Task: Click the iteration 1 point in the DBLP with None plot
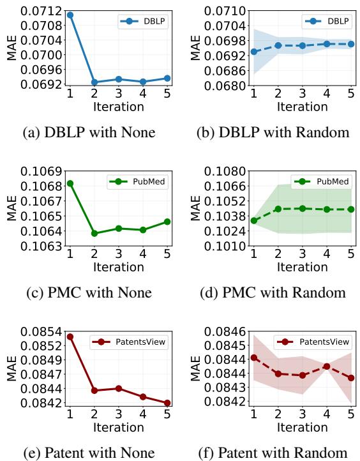pyautogui.click(x=70, y=15)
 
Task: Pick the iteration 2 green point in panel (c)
pyautogui.click(x=94, y=233)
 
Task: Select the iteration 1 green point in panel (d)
pyautogui.click(x=254, y=220)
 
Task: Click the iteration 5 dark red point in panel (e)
pyautogui.click(x=167, y=403)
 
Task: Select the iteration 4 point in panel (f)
pyautogui.click(x=327, y=367)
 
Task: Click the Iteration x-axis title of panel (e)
pyautogui.click(x=118, y=427)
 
